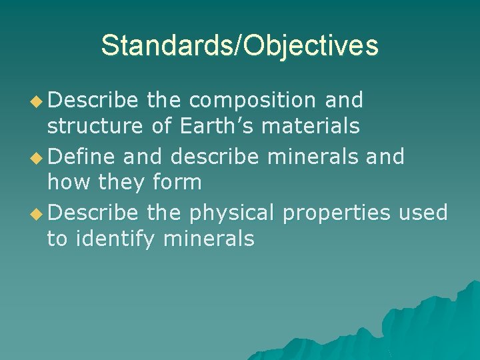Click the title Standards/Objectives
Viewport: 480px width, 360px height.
239,45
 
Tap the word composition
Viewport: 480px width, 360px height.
252,100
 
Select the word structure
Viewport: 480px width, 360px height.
95,125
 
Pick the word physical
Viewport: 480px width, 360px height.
232,212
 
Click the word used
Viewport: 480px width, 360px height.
423,212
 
